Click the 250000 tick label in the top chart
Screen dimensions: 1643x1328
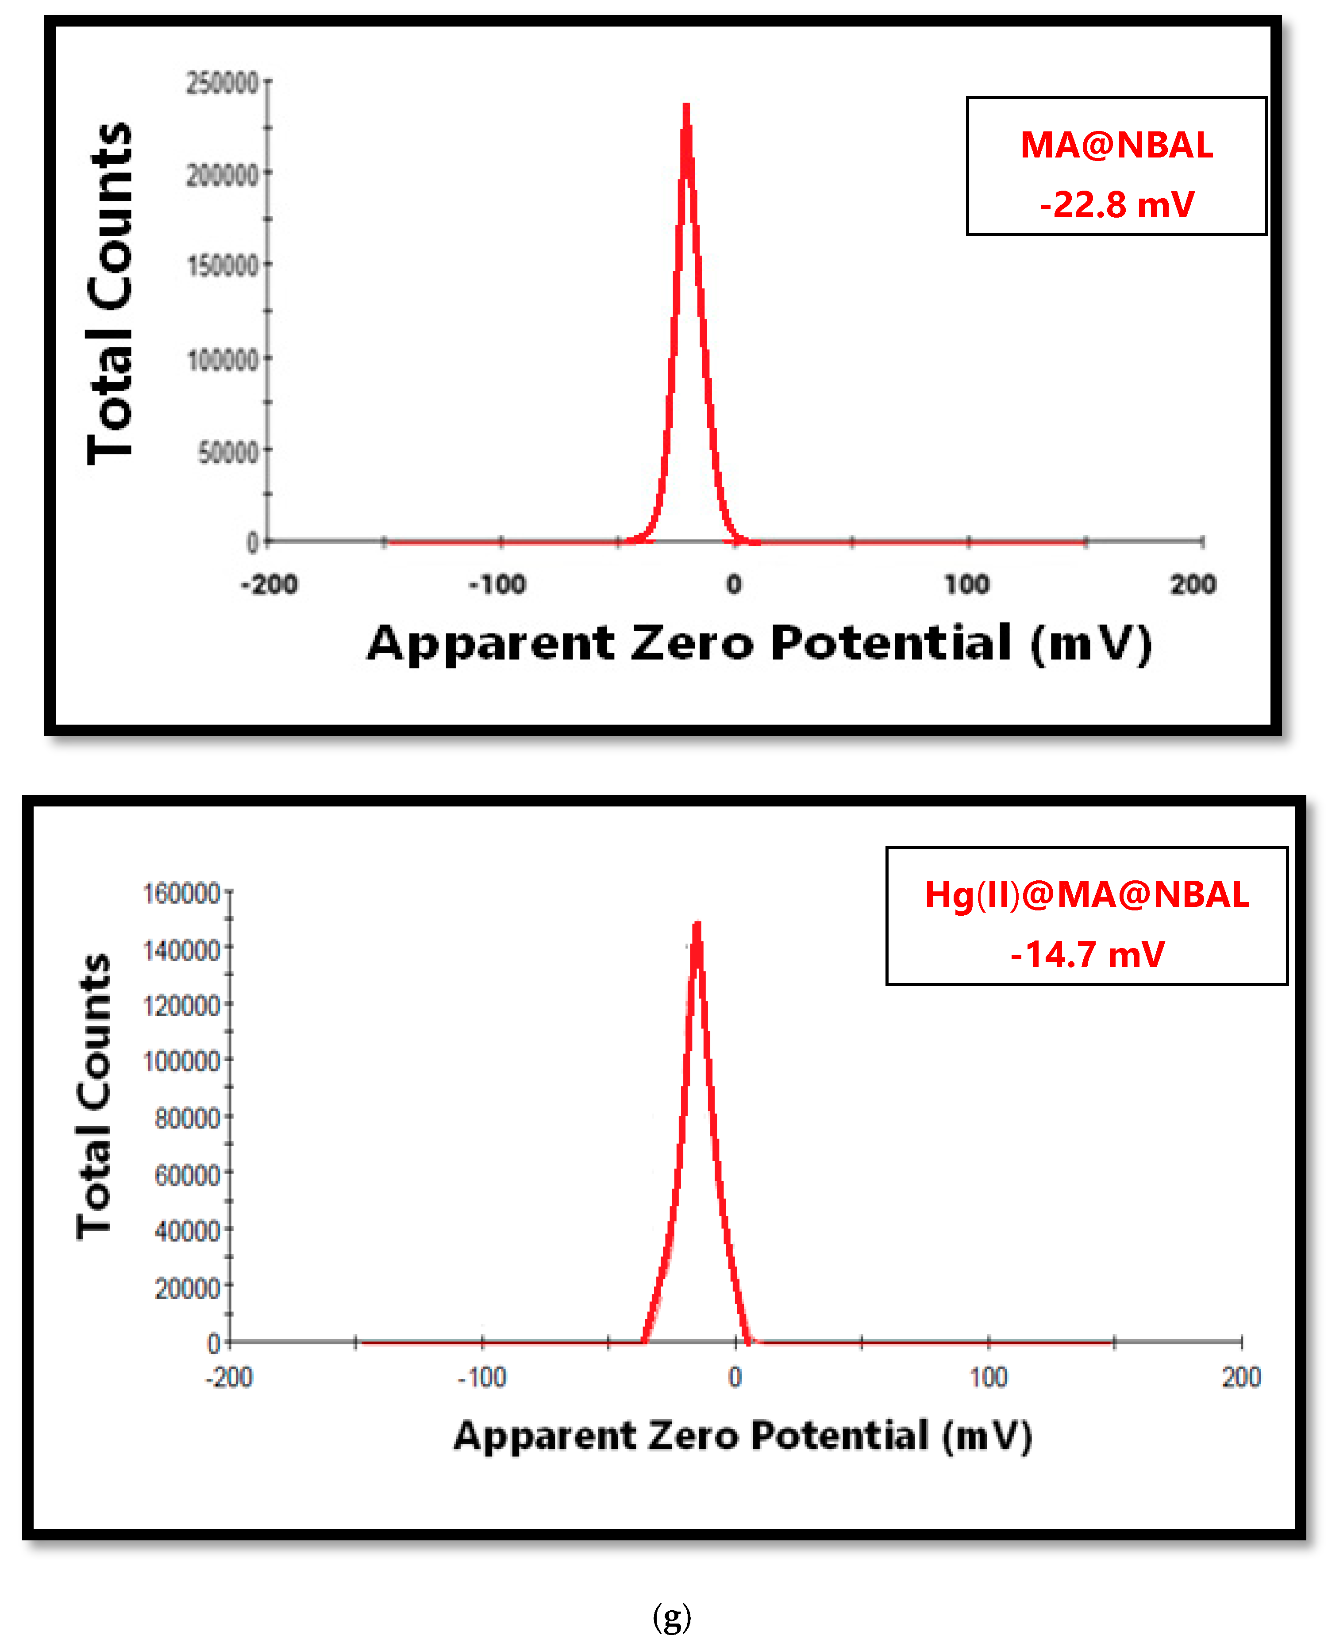(x=223, y=83)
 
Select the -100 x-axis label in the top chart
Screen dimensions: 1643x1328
(x=497, y=585)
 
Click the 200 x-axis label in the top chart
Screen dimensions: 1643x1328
(x=1193, y=585)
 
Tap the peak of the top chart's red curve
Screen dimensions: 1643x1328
(x=686, y=107)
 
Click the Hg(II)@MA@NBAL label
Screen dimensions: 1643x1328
(x=1086, y=894)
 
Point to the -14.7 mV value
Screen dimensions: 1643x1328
(x=1086, y=955)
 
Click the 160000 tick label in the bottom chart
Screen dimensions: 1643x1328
(x=181, y=893)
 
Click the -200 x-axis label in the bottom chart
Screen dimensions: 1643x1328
(x=229, y=1378)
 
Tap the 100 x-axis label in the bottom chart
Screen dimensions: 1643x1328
(x=988, y=1378)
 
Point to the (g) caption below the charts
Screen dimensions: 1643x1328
(x=672, y=1616)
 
